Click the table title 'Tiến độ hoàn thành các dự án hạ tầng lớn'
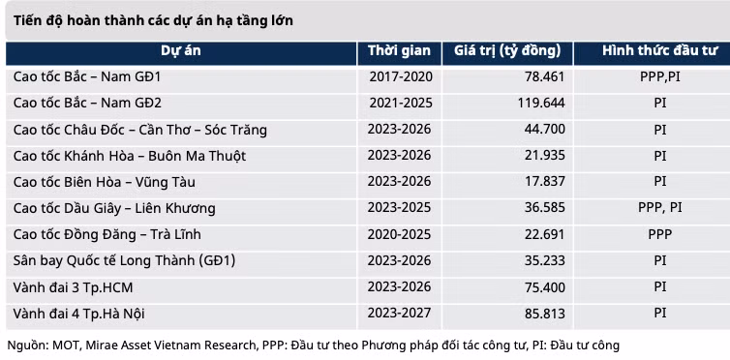(x=153, y=21)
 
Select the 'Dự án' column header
(x=181, y=50)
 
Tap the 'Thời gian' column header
(x=399, y=50)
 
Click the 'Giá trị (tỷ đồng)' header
(x=507, y=51)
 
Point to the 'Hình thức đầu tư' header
(x=660, y=50)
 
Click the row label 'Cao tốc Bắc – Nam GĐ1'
(x=87, y=76)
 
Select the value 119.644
(x=541, y=103)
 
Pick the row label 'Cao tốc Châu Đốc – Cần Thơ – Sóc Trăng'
(x=140, y=130)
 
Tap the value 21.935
(x=545, y=156)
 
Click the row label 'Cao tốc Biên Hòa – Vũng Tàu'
(x=105, y=182)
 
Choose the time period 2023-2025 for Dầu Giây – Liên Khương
(x=400, y=207)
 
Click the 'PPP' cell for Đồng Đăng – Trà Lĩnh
(x=660, y=234)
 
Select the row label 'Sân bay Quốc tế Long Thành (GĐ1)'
(x=124, y=260)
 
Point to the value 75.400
(x=545, y=287)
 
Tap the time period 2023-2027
(x=400, y=313)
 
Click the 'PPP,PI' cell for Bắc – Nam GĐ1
(x=660, y=76)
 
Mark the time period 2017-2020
(x=401, y=76)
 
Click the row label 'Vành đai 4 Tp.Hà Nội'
(x=78, y=314)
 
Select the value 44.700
(x=545, y=129)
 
